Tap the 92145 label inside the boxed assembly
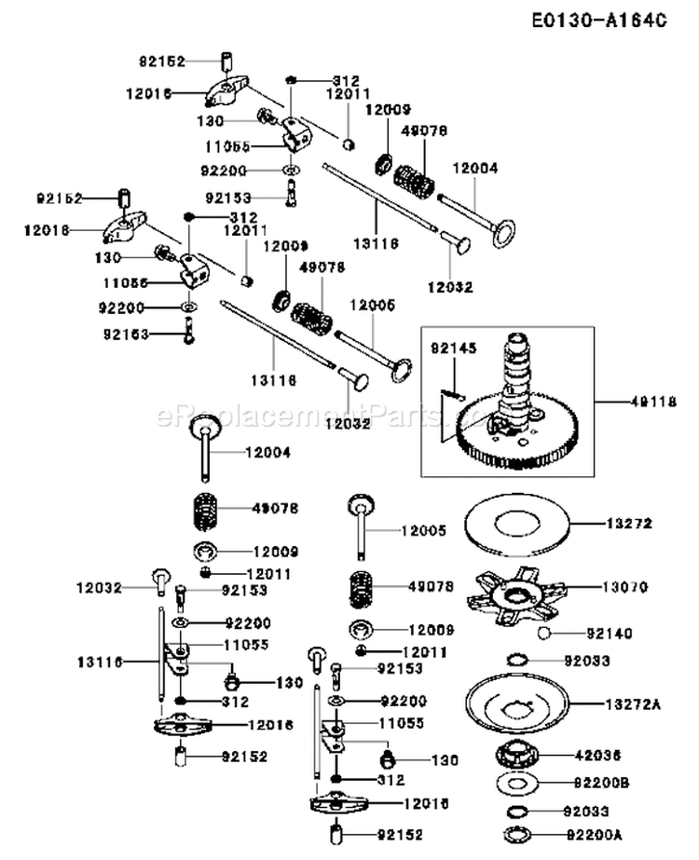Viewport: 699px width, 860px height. [453, 348]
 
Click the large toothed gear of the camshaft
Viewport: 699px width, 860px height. [522, 447]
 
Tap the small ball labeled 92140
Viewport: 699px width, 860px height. [542, 634]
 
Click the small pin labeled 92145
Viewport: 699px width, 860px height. [452, 394]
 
